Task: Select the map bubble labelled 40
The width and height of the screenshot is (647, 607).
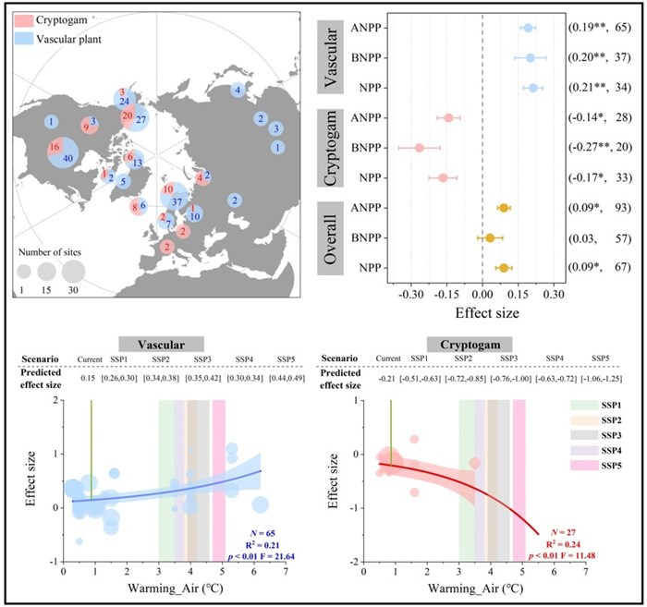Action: click(x=67, y=158)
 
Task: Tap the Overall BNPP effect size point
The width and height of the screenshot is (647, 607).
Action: click(x=490, y=238)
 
